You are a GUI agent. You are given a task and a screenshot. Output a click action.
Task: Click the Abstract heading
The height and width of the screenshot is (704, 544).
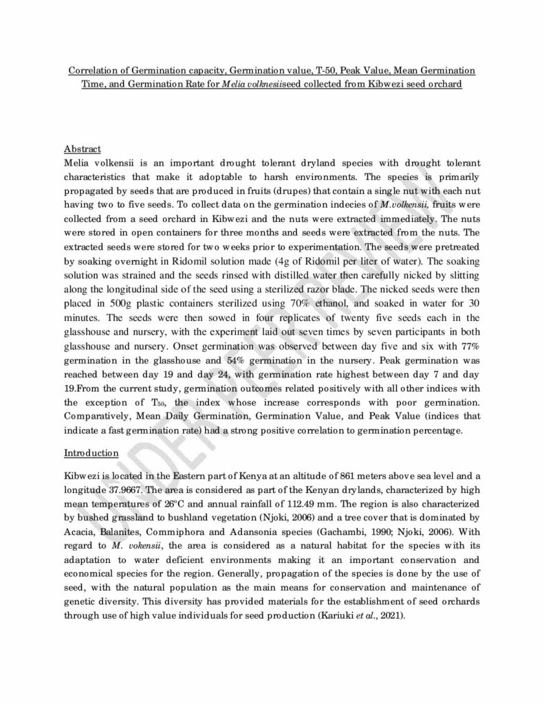[x=83, y=148]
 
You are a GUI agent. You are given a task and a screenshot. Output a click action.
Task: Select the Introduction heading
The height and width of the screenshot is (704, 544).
[x=91, y=453]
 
